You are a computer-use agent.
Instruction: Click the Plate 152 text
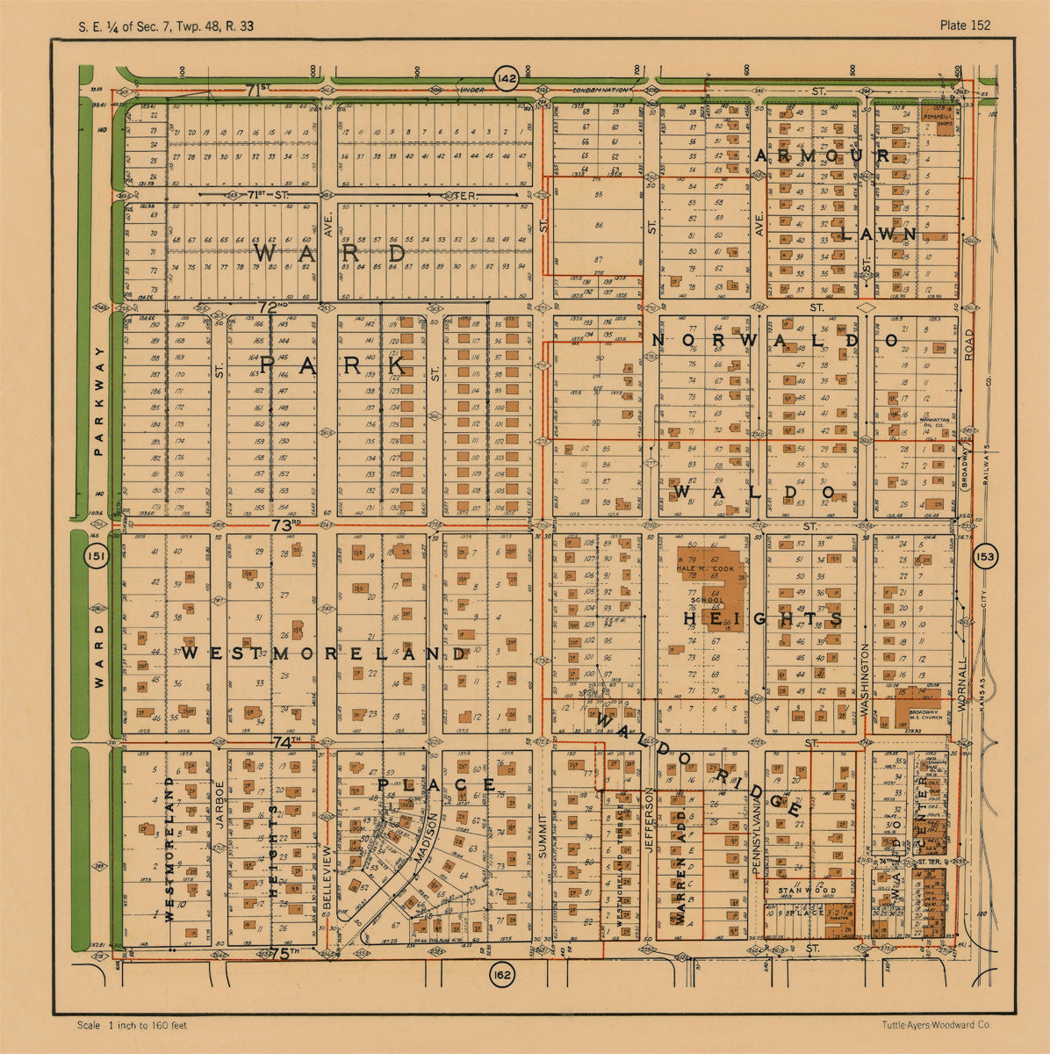tap(964, 25)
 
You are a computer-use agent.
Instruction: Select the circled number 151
tap(96, 556)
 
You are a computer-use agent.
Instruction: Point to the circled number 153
tap(985, 556)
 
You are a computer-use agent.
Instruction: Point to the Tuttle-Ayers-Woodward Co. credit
tap(936, 1025)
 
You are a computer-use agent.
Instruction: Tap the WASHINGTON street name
tap(865, 680)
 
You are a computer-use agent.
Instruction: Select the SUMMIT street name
tap(543, 831)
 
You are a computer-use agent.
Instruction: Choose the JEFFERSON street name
tap(650, 821)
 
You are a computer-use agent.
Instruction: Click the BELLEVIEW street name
tap(327, 878)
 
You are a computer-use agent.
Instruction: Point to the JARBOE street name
tap(219, 804)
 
